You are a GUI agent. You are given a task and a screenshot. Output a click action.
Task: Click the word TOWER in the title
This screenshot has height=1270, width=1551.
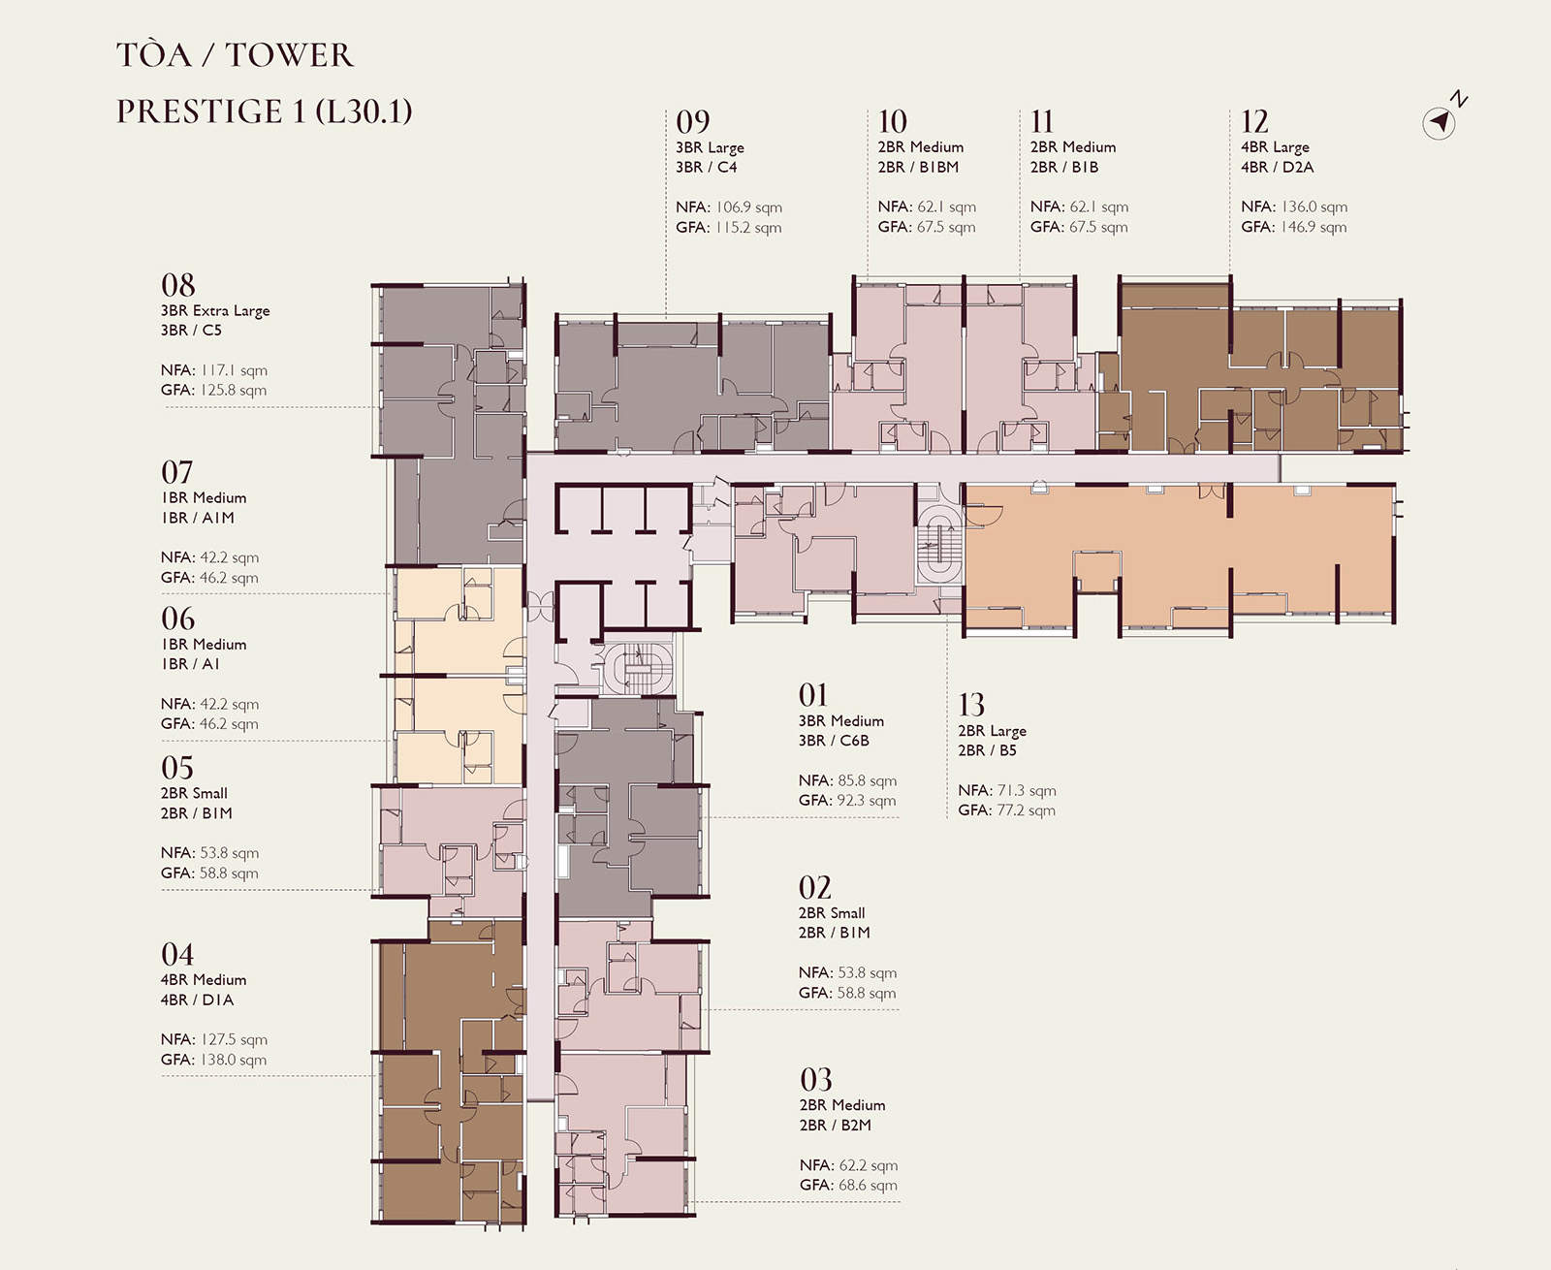(x=290, y=55)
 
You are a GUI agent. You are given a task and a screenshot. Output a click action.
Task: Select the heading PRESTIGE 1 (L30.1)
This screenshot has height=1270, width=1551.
(x=264, y=111)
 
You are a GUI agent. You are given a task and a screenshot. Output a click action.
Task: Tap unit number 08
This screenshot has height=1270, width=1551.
(x=178, y=285)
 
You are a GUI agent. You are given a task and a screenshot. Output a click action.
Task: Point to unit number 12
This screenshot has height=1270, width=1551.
(x=1254, y=121)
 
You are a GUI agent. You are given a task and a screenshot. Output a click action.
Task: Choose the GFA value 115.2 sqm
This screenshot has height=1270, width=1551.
(x=748, y=227)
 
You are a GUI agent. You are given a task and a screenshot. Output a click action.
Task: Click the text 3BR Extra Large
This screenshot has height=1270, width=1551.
(x=215, y=310)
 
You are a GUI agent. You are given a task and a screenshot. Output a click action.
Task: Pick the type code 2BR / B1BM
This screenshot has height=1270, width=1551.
(x=918, y=167)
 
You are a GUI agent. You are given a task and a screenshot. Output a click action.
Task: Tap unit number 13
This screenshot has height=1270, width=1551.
(x=970, y=705)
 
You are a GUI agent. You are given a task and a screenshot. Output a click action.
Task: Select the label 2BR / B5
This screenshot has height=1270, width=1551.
(x=987, y=750)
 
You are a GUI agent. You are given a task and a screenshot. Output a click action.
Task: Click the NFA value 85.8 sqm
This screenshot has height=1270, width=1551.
(x=867, y=780)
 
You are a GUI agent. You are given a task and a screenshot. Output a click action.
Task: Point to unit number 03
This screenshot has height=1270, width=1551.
(x=816, y=1080)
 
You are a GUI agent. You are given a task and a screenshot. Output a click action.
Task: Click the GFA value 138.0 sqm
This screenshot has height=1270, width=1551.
(x=233, y=1060)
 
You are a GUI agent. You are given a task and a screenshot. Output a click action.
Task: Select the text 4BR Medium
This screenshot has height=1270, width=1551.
(x=204, y=979)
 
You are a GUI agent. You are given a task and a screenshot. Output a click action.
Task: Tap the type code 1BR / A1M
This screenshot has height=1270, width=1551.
(x=198, y=518)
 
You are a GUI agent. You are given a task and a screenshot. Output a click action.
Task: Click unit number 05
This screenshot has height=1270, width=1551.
(x=177, y=768)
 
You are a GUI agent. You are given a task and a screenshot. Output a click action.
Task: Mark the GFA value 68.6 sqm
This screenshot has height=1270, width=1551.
(x=868, y=1185)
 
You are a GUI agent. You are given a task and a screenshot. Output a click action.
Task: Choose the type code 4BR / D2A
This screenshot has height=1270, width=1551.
(x=1278, y=167)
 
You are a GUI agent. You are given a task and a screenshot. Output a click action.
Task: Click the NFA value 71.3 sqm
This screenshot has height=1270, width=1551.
(x=1027, y=790)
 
